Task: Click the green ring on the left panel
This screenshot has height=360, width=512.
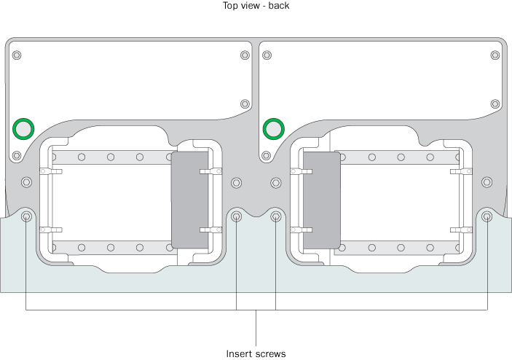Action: click(x=23, y=129)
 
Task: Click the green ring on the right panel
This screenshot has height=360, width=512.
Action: click(x=273, y=129)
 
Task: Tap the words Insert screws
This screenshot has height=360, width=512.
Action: click(x=256, y=353)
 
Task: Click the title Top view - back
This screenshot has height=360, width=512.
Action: click(x=256, y=6)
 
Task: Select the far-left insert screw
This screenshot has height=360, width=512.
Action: click(x=27, y=216)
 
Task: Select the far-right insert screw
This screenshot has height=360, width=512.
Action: click(x=487, y=216)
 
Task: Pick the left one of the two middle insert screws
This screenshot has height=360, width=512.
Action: click(x=236, y=216)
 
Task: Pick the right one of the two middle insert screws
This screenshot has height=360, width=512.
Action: click(x=276, y=216)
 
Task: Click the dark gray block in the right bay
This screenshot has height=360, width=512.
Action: click(x=321, y=199)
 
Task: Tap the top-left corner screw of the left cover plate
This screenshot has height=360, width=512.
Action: click(x=17, y=55)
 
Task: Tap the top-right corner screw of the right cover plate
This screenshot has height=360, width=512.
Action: click(x=495, y=55)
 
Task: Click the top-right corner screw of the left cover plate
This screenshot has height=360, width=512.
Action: click(x=243, y=55)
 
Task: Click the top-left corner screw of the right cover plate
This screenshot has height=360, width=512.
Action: click(x=267, y=55)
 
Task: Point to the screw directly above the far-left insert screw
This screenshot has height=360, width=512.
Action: click(x=27, y=181)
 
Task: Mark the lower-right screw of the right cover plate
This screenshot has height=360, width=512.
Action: click(x=495, y=103)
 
